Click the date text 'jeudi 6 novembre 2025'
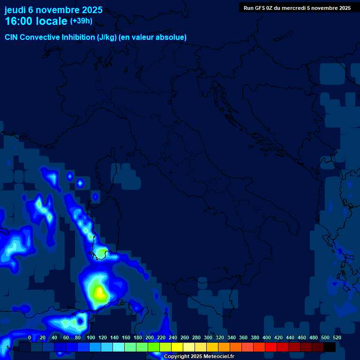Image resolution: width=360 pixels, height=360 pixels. [x=53, y=10]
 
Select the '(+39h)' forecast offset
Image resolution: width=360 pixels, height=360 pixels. [x=81, y=21]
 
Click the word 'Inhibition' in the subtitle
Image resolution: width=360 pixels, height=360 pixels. [x=78, y=37]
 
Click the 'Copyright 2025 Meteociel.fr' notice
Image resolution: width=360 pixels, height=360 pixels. [x=198, y=357]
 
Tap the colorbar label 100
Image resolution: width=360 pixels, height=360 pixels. [x=91, y=337]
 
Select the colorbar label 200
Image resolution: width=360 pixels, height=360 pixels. [x=150, y=337]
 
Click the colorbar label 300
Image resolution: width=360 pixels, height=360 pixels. [x=208, y=337]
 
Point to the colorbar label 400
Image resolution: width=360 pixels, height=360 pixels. [x=267, y=337]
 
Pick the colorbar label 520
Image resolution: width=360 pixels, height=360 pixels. [x=337, y=337]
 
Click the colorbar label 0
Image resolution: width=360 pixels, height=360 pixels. [x=30, y=337]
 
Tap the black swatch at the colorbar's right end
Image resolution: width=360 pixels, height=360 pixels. [x=330, y=347]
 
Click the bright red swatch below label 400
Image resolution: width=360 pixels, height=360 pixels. [x=271, y=347]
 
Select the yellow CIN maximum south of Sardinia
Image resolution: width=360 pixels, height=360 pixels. [x=99, y=293]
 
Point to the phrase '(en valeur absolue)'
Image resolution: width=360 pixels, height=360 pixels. [x=153, y=37]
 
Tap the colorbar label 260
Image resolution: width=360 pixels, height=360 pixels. [x=185, y=337]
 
